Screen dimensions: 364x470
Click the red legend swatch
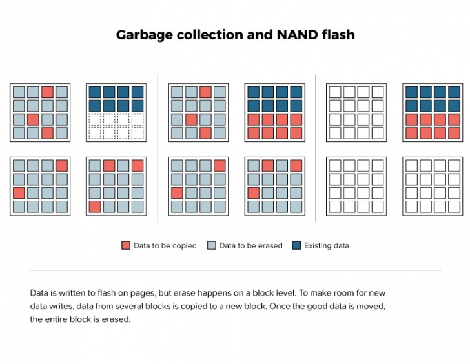click(126, 245)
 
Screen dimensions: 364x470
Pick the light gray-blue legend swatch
click(212, 245)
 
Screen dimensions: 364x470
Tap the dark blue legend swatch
click(296, 245)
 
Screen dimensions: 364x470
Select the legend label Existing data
click(327, 245)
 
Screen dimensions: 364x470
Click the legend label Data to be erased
click(250, 245)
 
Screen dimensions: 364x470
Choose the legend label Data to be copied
click(165, 245)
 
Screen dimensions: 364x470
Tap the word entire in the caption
click(57, 319)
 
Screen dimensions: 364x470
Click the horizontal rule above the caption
click(235, 270)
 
